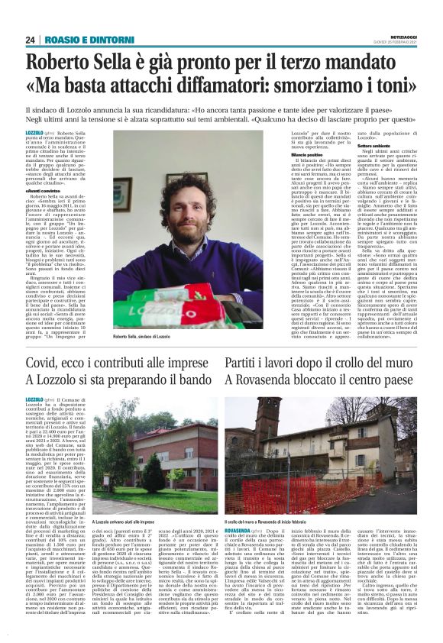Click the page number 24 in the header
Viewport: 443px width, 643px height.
pyautogui.click(x=31, y=40)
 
